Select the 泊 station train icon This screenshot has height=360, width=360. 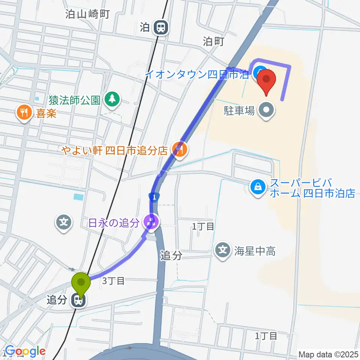click(x=161, y=27)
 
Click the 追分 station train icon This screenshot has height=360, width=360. click(x=78, y=300)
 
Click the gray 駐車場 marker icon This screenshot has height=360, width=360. click(x=267, y=110)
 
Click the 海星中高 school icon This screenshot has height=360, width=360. click(x=224, y=250)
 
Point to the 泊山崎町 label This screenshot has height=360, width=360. click(x=87, y=15)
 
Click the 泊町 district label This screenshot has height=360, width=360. click(x=213, y=41)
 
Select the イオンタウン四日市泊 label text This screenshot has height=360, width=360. click(x=196, y=74)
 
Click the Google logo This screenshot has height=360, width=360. click(x=25, y=351)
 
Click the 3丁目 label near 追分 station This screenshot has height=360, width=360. click(x=113, y=281)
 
